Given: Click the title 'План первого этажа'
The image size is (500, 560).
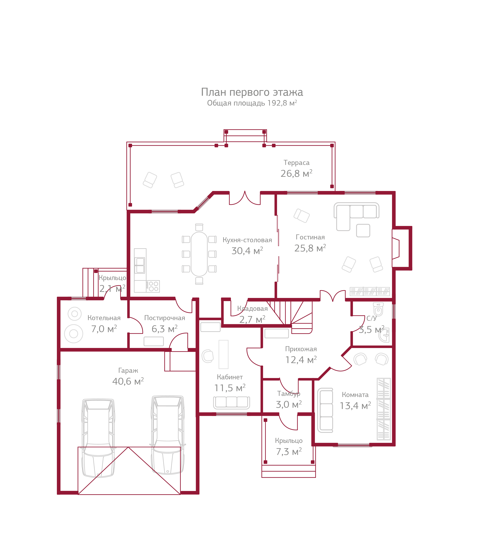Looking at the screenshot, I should [x=252, y=92].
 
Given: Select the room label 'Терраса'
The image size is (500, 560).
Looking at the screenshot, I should [x=296, y=163].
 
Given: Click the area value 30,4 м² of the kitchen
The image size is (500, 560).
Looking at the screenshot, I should [x=247, y=251].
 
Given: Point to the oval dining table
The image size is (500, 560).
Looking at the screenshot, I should [x=199, y=254].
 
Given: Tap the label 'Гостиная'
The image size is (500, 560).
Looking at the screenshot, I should [x=310, y=237].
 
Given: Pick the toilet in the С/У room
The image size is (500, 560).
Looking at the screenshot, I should [x=378, y=310].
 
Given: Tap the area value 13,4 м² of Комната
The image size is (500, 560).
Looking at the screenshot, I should [x=355, y=406].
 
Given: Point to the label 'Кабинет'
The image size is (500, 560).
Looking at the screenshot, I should [x=230, y=377].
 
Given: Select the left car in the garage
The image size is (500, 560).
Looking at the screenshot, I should [x=98, y=438].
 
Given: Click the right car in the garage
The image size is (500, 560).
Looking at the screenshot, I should [x=168, y=435].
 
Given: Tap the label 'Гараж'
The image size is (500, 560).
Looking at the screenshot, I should [x=128, y=371].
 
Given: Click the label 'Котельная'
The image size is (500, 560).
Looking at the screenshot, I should [x=104, y=318].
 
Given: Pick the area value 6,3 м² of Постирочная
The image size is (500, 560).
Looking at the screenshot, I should [x=164, y=329].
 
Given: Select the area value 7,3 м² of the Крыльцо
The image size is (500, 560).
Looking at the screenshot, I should [x=289, y=452].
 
